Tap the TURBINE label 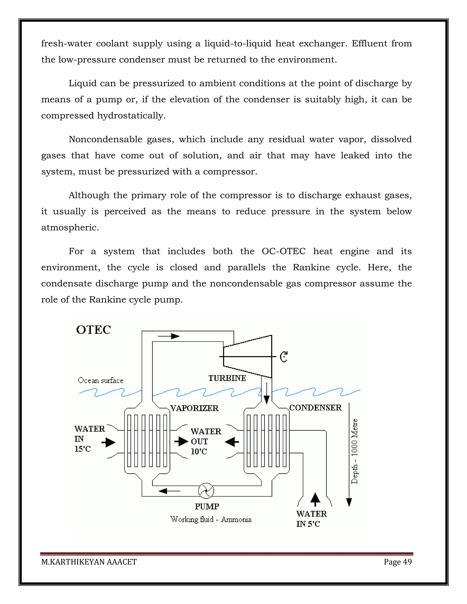pos(227,378)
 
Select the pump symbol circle pos(206,491)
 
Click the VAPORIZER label pos(195,408)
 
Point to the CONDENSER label pos(316,408)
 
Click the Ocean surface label pos(100,381)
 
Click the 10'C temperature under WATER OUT pos(199,452)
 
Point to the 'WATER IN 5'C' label pos(311,519)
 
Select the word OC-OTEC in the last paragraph pos(284,251)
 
